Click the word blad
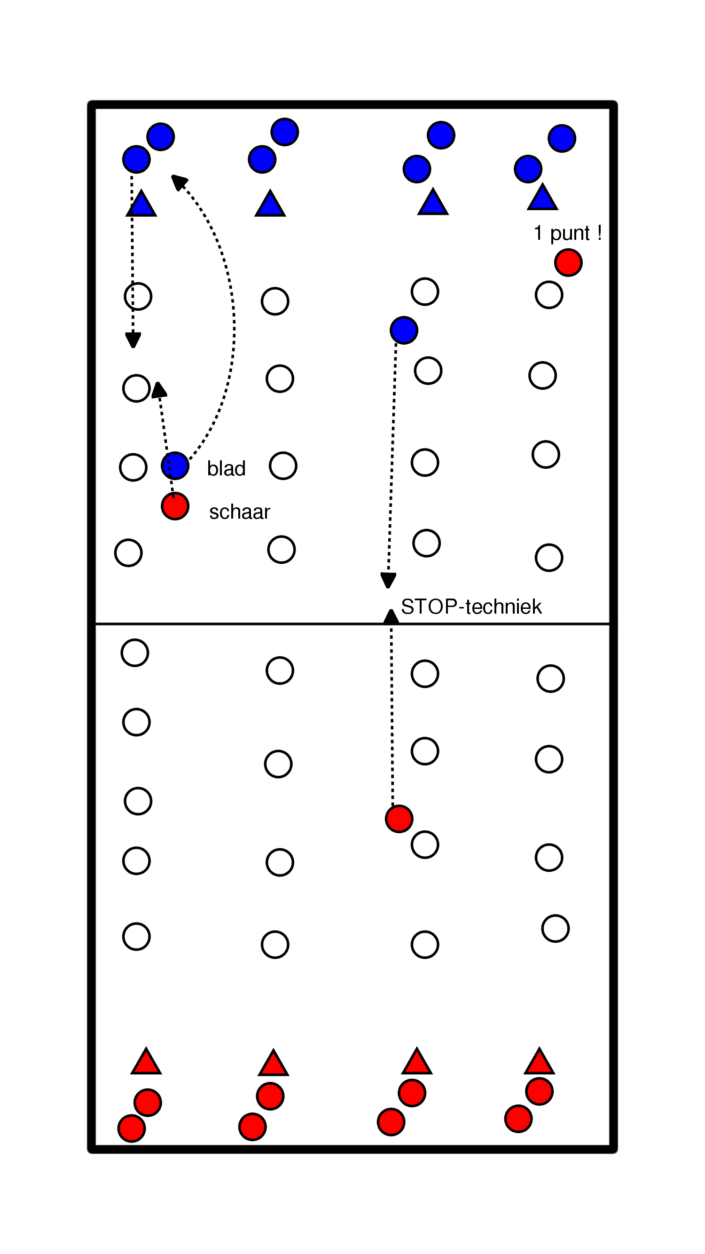coord(226,468)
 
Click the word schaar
coord(239,512)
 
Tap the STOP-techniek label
coord(471,607)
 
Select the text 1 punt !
coord(567,233)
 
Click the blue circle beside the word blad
coord(175,466)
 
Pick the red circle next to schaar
coord(175,506)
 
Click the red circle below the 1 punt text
coord(568,263)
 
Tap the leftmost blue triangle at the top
coord(141,205)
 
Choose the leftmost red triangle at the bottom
coord(146,1062)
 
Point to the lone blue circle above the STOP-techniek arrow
coord(404,330)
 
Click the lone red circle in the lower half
coord(399,819)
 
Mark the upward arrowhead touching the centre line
coord(391,617)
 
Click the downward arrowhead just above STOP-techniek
coord(388,580)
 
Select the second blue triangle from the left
coord(270,205)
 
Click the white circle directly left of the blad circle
coord(133,467)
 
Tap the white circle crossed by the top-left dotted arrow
coord(138,296)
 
